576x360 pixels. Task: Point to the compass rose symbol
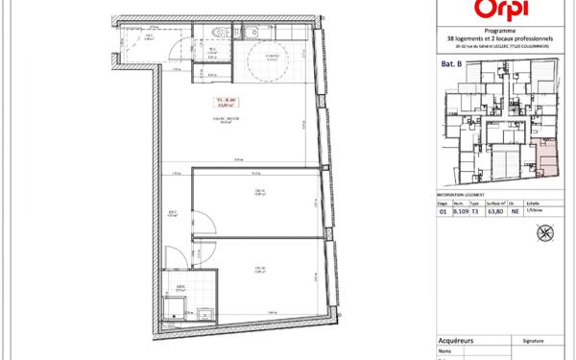(546, 231)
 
